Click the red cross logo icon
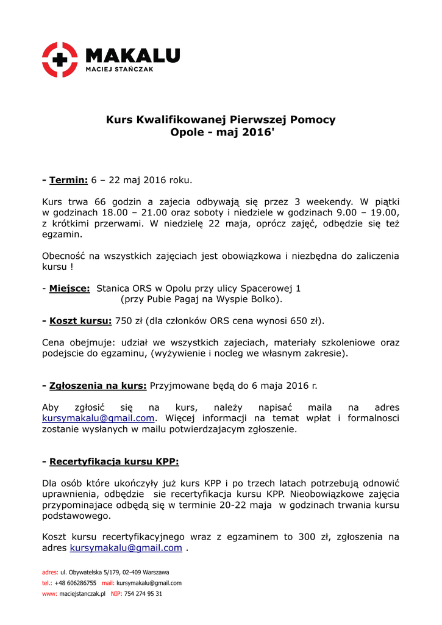coord(60,59)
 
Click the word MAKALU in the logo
coord(132,56)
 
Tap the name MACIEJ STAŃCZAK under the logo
coord(119,70)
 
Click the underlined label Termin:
coord(69,180)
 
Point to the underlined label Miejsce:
coord(70,288)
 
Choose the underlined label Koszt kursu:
coord(80,320)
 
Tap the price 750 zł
coord(129,320)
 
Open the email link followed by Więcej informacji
coord(98,418)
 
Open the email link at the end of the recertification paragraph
coord(126,547)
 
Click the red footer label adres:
coord(50,573)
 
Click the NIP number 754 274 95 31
coord(143,593)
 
